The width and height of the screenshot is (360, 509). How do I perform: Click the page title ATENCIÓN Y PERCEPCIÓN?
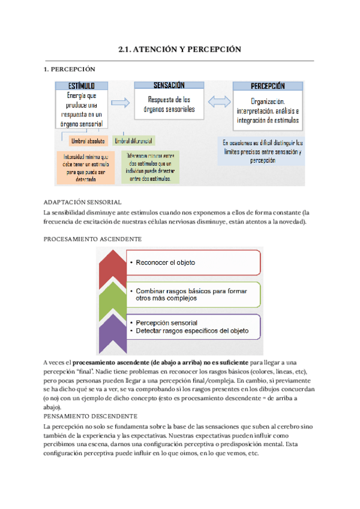[180, 49]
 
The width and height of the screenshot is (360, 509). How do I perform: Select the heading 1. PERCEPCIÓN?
[70, 70]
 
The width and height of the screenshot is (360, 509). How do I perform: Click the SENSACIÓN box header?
[169, 85]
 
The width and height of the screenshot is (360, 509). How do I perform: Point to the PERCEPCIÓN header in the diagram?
[268, 86]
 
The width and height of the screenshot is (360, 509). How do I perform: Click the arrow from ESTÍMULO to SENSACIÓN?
[121, 103]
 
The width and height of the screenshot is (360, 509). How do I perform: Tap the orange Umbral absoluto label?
[88, 142]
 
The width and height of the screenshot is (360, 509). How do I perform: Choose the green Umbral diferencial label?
[133, 142]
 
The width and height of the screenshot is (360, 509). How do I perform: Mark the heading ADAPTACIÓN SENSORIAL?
[83, 202]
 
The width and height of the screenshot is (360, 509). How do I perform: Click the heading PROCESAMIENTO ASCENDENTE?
[92, 238]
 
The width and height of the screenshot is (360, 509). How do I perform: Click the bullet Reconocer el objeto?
[166, 262]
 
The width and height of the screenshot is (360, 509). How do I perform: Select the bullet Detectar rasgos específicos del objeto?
[192, 331]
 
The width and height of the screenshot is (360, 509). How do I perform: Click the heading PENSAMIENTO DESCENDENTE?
[91, 416]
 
